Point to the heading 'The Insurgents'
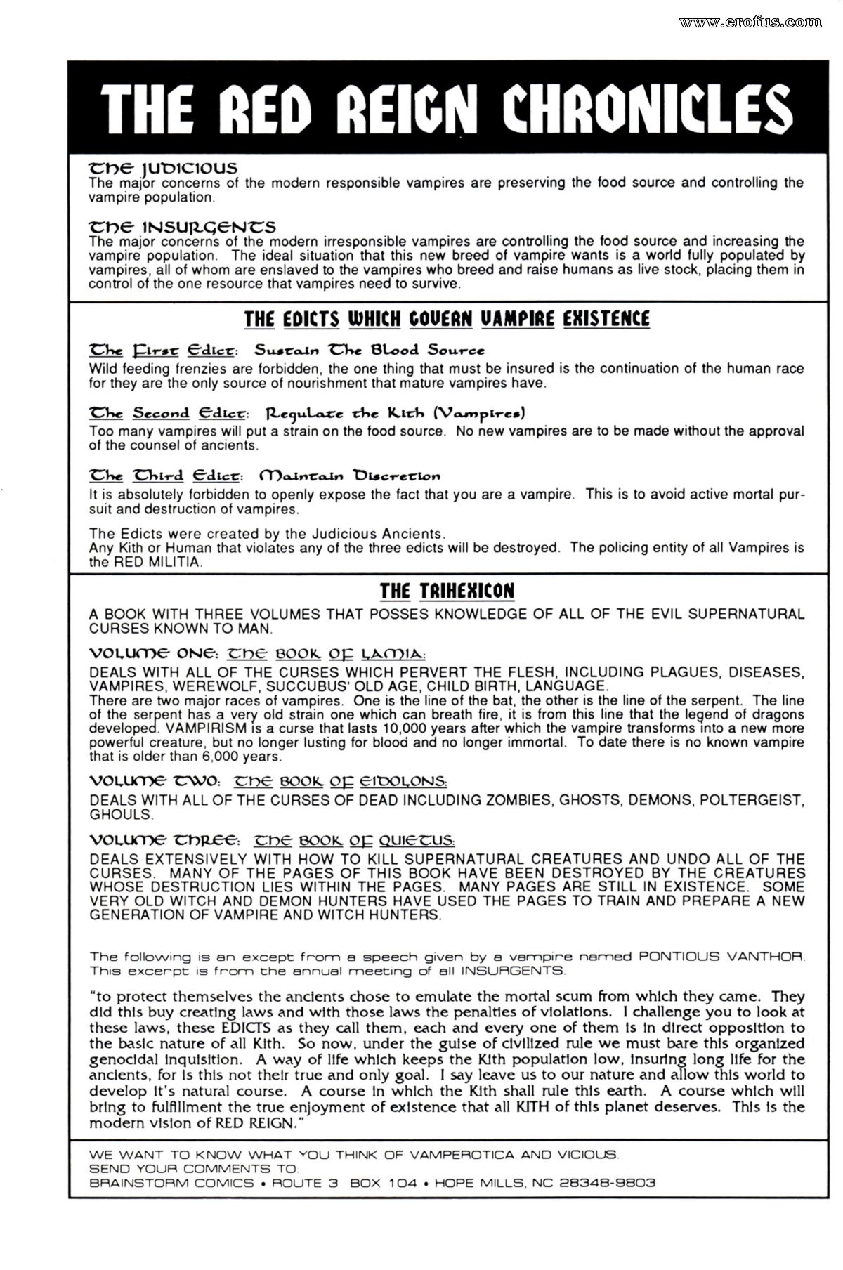tap(182, 227)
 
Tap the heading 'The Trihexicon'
tap(447, 591)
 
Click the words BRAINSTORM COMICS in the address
tap(171, 1182)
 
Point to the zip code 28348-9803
tap(607, 1182)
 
